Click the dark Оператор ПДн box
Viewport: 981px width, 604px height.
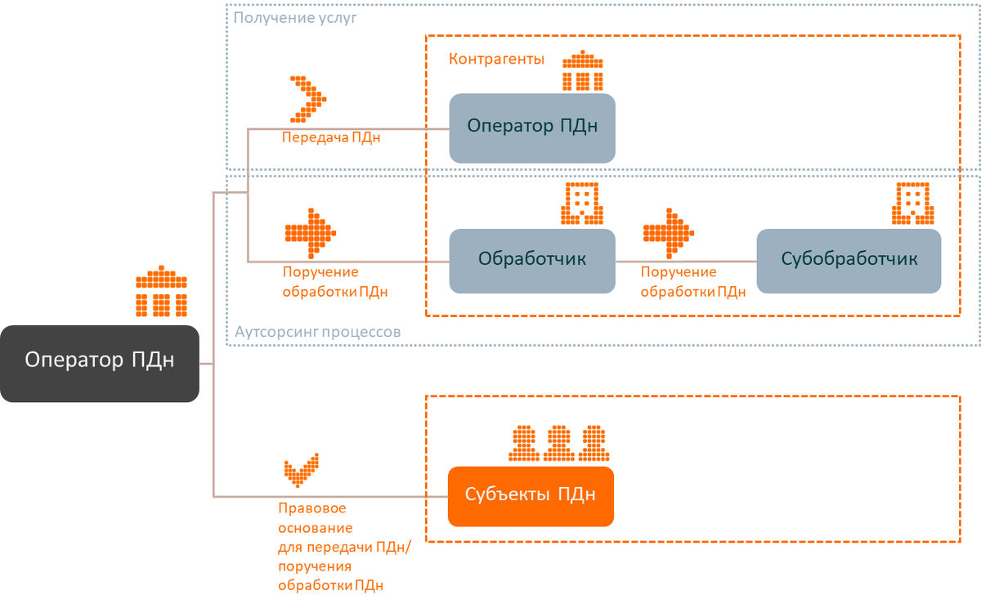coord(100,363)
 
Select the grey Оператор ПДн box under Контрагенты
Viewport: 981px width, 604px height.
coord(531,127)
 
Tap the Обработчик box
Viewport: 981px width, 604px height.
coord(531,261)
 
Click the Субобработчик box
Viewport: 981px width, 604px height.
coord(849,261)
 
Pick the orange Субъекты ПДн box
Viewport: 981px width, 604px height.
coord(530,496)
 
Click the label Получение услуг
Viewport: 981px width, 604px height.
coord(295,17)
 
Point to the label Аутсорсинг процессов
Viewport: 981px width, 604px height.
coord(317,333)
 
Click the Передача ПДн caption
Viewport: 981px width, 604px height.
coord(330,137)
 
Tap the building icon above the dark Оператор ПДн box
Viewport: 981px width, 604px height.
coord(161,292)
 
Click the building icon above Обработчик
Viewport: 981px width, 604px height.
coord(582,203)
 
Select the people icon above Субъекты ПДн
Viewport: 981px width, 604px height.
coord(559,443)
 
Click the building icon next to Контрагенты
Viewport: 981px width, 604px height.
coord(582,71)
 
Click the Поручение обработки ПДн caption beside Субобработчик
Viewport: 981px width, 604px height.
coord(692,281)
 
